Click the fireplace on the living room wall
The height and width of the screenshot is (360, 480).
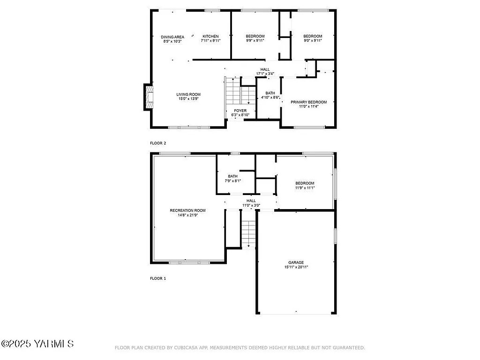point(149,97)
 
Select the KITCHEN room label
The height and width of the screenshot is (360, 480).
point(210,37)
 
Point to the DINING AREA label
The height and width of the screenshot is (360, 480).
point(172,37)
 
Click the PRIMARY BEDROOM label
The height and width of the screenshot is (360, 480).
point(308,102)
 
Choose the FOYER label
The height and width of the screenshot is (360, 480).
point(240,111)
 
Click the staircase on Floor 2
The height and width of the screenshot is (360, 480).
point(233,92)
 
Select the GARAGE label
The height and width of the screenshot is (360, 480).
point(296,262)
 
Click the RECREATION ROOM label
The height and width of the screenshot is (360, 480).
point(187,210)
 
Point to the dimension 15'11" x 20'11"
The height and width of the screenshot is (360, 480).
point(296,267)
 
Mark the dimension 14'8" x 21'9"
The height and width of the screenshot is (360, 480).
point(187,215)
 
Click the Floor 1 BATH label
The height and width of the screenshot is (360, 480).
point(233,176)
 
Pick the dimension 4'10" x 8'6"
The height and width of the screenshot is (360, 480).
point(270,97)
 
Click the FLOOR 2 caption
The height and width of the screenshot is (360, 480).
point(158,143)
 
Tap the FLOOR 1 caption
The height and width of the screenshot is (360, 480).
point(158,278)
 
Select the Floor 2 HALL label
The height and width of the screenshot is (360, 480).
point(265,69)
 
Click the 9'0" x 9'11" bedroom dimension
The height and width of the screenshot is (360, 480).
point(313,41)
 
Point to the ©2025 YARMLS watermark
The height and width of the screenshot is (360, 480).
point(37,344)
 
